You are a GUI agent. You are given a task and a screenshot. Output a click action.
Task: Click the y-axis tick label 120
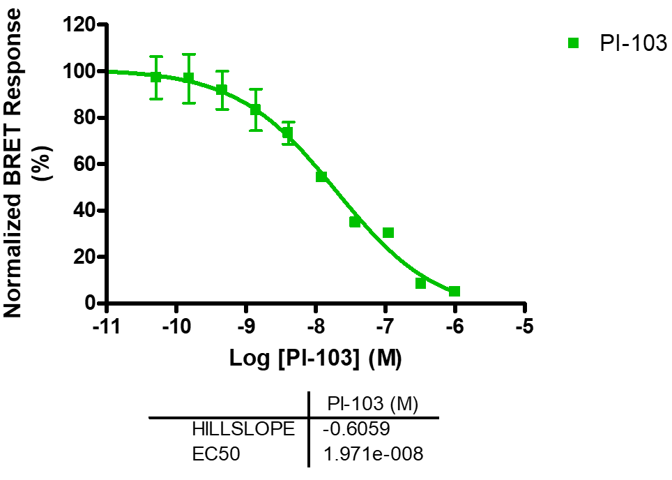click(79, 25)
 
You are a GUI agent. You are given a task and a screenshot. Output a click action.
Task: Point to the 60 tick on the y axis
click(84, 164)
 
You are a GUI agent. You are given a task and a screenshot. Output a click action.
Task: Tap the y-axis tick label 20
click(84, 257)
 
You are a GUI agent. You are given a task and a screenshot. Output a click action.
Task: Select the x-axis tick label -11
click(105, 327)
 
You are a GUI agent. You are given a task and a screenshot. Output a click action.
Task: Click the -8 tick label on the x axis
click(316, 327)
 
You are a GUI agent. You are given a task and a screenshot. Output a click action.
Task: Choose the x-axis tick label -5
click(525, 327)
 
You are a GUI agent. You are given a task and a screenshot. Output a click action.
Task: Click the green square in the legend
click(574, 43)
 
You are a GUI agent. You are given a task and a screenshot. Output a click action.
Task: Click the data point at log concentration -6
click(454, 291)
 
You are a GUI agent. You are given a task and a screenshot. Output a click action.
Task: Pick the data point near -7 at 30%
click(388, 232)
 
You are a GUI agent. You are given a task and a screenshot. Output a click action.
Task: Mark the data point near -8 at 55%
click(321, 177)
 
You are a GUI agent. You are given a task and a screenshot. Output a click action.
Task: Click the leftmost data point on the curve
click(156, 77)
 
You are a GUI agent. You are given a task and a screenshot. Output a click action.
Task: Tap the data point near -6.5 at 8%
click(420, 283)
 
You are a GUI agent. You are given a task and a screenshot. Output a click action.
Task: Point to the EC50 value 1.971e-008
click(373, 454)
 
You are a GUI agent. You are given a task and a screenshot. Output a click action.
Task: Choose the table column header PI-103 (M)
click(373, 404)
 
